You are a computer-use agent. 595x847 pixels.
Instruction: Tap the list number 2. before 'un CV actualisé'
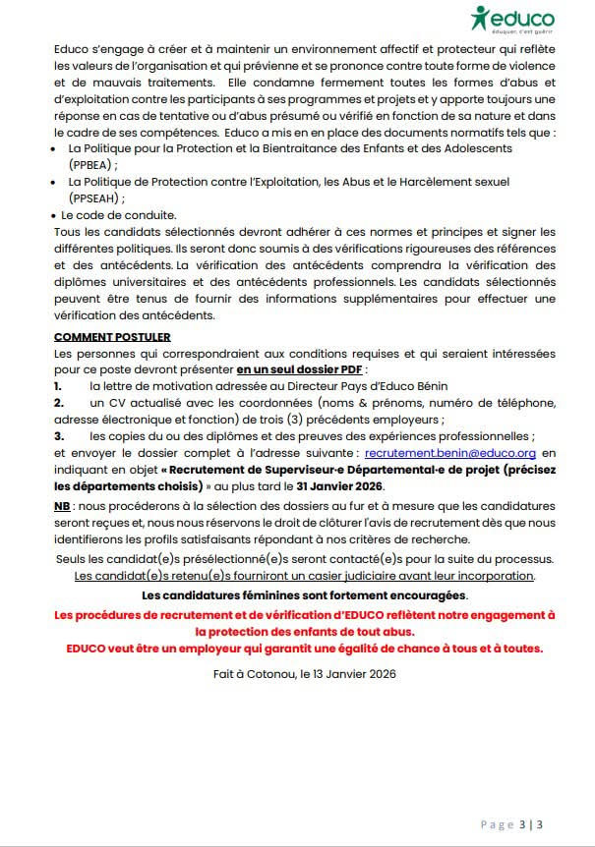coord(59,402)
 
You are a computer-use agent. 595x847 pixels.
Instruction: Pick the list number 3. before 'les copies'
coord(59,434)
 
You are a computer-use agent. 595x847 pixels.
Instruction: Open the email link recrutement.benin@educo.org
coord(449,454)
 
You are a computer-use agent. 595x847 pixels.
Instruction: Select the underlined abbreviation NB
coord(61,505)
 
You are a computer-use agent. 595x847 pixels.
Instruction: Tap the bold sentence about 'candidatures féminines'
coord(305,595)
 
